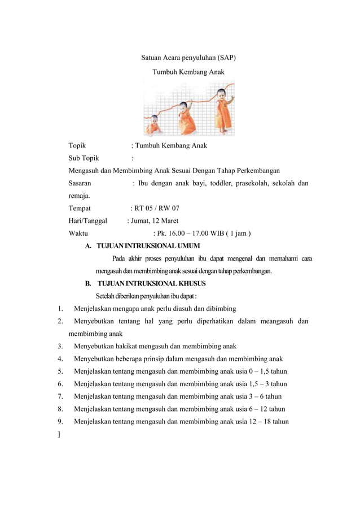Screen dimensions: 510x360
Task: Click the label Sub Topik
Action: tap(84, 158)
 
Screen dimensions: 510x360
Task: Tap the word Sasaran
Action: tap(80, 183)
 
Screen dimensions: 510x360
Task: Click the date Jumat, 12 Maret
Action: tap(156, 221)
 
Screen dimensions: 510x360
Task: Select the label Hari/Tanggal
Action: tap(87, 221)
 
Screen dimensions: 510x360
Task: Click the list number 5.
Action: tap(59, 371)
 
